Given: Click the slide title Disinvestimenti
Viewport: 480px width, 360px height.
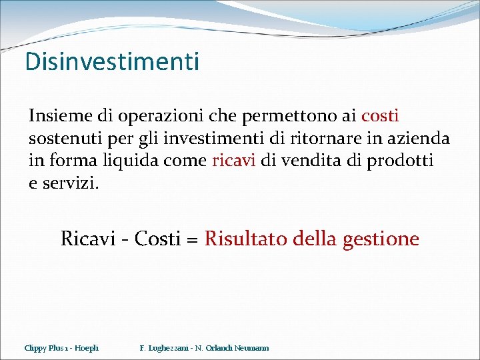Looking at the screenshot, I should (x=112, y=62).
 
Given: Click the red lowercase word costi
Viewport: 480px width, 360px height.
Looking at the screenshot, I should (x=380, y=115).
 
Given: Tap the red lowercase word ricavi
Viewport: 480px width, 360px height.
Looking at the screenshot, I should (x=233, y=161).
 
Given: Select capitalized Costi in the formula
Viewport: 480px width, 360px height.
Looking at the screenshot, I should (x=157, y=238).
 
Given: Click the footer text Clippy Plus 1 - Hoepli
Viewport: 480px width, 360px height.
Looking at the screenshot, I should (x=61, y=348).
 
